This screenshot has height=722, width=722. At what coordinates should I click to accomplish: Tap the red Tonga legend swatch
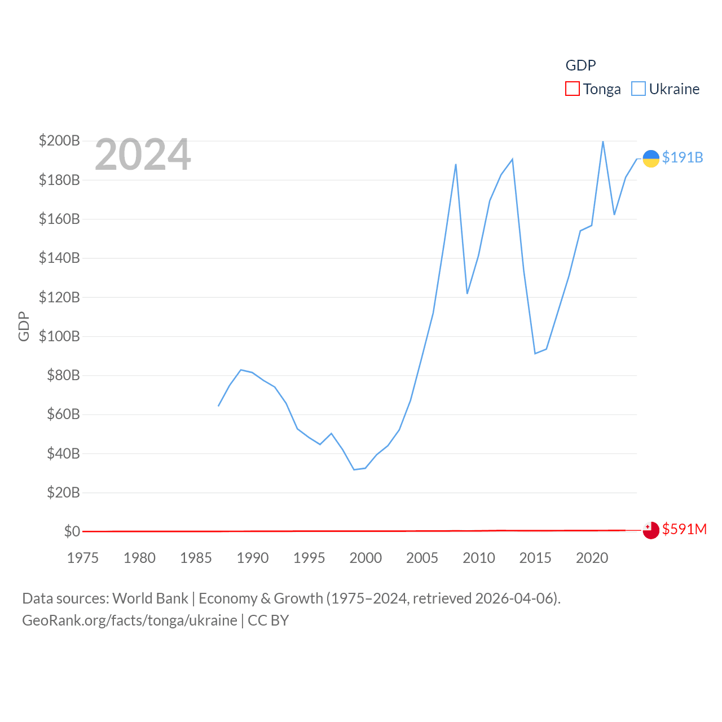click(573, 89)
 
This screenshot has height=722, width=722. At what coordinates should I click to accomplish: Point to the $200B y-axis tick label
click(59, 140)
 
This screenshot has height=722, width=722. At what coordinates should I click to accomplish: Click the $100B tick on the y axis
click(59, 336)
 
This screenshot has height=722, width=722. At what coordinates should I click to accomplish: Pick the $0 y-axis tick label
click(72, 531)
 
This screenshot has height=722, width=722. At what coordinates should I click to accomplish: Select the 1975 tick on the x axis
click(83, 558)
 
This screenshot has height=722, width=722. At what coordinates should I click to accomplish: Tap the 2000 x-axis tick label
click(366, 558)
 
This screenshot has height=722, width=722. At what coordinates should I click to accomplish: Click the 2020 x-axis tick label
click(592, 558)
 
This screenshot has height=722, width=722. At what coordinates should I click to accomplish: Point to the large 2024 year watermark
click(143, 155)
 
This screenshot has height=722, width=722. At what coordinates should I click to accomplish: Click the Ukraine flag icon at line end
click(651, 159)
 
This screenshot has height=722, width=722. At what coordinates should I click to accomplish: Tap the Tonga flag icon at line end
click(651, 530)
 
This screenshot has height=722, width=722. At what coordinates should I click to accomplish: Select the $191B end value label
click(683, 157)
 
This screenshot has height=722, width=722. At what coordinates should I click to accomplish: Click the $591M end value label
click(684, 529)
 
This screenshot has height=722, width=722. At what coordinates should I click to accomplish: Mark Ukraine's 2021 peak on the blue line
click(603, 142)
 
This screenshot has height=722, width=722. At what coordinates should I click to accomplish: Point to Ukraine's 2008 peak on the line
click(456, 165)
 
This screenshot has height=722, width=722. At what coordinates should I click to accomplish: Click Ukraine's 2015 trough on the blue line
click(535, 353)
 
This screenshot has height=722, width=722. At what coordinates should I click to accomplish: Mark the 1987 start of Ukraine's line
click(219, 406)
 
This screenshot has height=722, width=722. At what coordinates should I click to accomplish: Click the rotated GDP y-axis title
click(24, 326)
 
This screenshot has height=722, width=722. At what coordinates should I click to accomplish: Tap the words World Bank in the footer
click(150, 598)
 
